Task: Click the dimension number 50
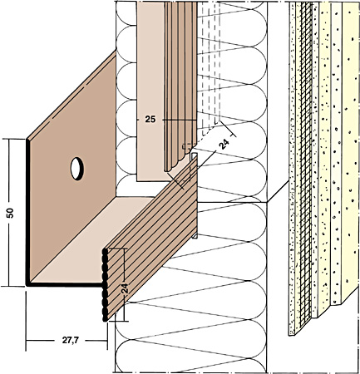tap(11, 213)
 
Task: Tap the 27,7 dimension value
tap(70, 341)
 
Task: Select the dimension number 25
tap(150, 120)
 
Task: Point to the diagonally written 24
tap(224, 145)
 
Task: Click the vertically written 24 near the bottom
tap(125, 288)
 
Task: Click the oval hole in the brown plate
tap(77, 169)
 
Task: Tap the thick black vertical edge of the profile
tap(27, 212)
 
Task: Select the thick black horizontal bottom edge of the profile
tap(65, 284)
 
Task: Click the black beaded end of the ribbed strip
tap(105, 285)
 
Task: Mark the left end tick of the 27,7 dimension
tap(26, 341)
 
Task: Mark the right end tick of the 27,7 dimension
tap(107, 341)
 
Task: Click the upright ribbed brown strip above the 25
tap(180, 83)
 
